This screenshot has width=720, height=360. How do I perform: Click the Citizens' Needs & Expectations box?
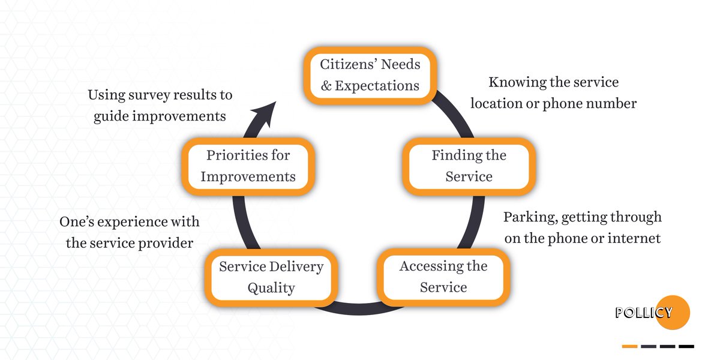tap(370, 75)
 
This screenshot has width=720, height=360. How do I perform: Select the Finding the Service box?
tap(469, 166)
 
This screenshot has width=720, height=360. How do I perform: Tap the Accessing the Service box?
tap(443, 277)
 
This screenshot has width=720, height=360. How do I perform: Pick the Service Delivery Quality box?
tap(271, 277)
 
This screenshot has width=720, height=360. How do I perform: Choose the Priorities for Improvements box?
tap(248, 166)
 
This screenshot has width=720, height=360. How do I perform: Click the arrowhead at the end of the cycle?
tap(266, 113)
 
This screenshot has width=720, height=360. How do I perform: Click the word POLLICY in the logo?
tap(643, 313)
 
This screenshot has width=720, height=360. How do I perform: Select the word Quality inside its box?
tap(271, 288)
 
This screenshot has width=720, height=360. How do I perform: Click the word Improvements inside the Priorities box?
tap(248, 177)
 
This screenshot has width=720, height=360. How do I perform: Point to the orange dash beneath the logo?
tap(629, 346)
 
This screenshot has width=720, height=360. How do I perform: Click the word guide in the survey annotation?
tap(112, 116)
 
